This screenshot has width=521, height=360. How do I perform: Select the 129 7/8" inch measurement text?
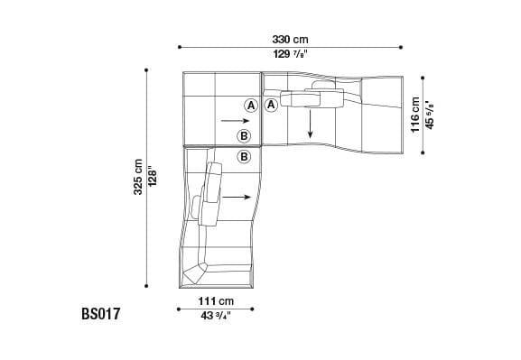[x=290, y=55]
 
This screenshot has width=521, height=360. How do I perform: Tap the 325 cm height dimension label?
[x=137, y=179]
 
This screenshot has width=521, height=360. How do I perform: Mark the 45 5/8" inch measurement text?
[x=430, y=114]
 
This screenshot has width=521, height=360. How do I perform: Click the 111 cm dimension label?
[x=216, y=300]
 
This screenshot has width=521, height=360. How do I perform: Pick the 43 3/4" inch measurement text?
[x=216, y=316]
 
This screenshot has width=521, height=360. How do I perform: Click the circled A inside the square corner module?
[x=251, y=106]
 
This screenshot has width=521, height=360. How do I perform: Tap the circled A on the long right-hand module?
[x=270, y=106]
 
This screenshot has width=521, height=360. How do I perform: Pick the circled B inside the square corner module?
[x=244, y=136]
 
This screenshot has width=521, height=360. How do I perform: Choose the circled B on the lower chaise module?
[x=244, y=157]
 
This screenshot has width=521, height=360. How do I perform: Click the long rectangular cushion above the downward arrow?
[x=312, y=99]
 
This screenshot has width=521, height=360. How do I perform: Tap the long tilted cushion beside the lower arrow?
[x=213, y=191]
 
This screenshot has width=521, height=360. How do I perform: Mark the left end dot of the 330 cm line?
[x=179, y=47]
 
